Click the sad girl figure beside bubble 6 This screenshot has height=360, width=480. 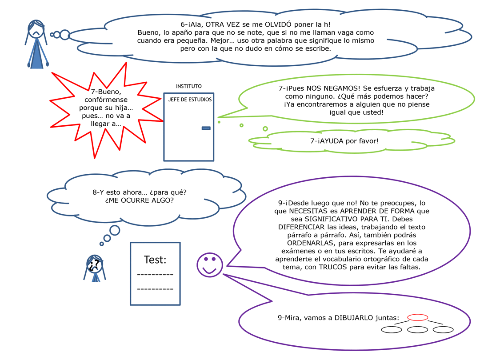[x=37, y=44]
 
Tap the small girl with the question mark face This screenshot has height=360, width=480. [x=95, y=268]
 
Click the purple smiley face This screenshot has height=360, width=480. [x=210, y=265]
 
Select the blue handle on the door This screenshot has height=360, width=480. [x=206, y=128]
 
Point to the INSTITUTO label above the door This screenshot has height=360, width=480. [x=189, y=86]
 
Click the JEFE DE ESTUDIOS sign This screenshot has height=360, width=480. [x=190, y=100]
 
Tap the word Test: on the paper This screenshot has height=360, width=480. [x=155, y=260]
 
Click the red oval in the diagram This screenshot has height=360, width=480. [x=417, y=317]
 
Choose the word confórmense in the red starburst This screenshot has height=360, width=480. [x=106, y=100]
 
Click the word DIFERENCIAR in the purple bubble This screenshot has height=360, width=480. [x=301, y=227]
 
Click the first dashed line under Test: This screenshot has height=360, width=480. [x=155, y=275]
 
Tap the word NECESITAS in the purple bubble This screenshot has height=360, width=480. [x=308, y=211]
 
